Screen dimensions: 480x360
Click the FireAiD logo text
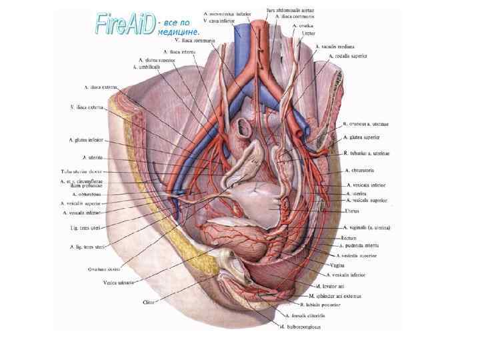coord(125,25)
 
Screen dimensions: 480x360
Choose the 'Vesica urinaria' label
coord(119,283)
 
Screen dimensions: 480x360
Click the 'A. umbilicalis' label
coord(147,67)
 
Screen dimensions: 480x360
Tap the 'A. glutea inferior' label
coord(86,140)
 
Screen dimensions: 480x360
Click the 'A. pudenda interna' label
coord(359,246)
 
